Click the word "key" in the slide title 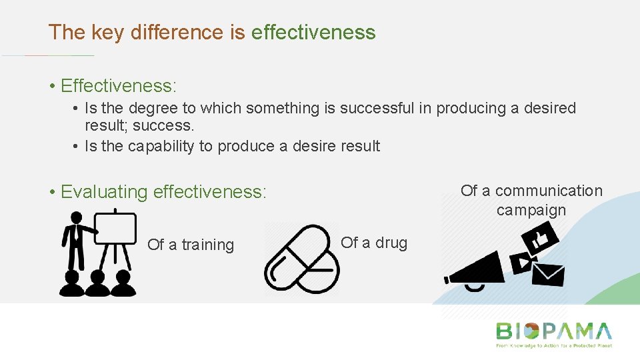coord(105,32)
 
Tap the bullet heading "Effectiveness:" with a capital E coord(119,86)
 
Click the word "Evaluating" coord(105,192)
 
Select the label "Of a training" coord(191,245)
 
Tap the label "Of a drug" coord(374,243)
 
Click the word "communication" coord(548,191)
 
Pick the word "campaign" coord(531,210)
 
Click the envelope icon coord(548,274)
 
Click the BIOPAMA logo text coord(553,331)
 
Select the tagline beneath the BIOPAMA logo coord(553,346)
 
